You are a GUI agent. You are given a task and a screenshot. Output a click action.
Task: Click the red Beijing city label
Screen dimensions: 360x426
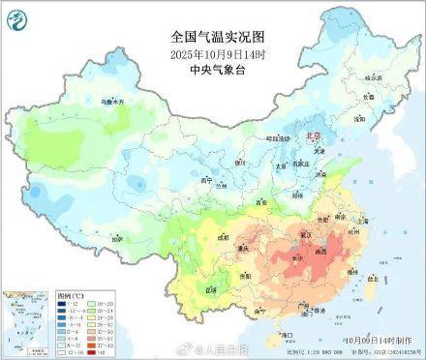pyautogui.click(x=312, y=137)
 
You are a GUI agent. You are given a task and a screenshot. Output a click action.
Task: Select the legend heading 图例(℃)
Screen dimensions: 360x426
pyautogui.click(x=44, y=293)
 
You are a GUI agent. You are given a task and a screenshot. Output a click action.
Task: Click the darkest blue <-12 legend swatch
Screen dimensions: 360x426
pyautogui.click(x=36, y=303)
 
